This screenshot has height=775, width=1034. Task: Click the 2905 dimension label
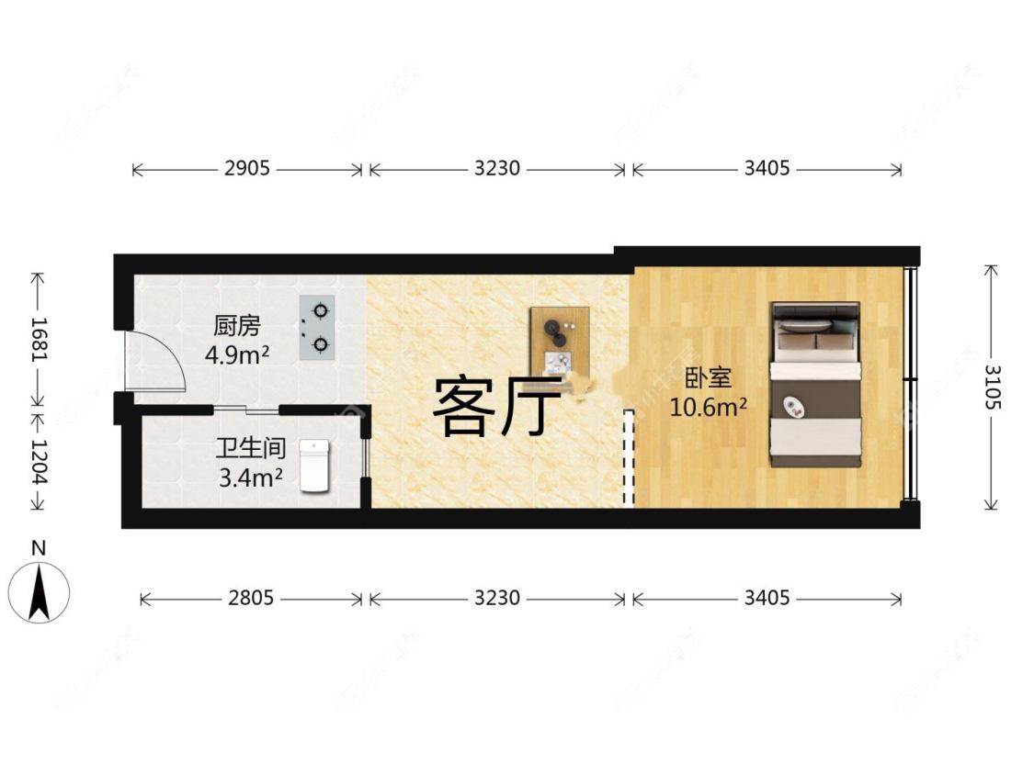coord(246,169)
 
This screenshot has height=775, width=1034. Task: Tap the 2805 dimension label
coord(251,599)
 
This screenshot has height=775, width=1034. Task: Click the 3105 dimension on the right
coord(992,387)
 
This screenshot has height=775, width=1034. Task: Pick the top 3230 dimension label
coord(497,169)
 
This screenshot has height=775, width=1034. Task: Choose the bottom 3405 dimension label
coord(767,599)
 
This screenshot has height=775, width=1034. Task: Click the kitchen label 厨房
coord(237,325)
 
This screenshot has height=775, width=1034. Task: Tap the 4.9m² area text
coord(237,354)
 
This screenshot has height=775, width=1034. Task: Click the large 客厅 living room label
coord(496,407)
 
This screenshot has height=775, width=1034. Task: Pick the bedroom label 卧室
coord(708,378)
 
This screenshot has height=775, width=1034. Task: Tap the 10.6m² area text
coord(708,407)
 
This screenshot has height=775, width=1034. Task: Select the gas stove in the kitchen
coord(317,327)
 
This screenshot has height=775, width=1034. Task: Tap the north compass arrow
coord(40,593)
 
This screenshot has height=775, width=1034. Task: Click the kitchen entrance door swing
coord(156,362)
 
